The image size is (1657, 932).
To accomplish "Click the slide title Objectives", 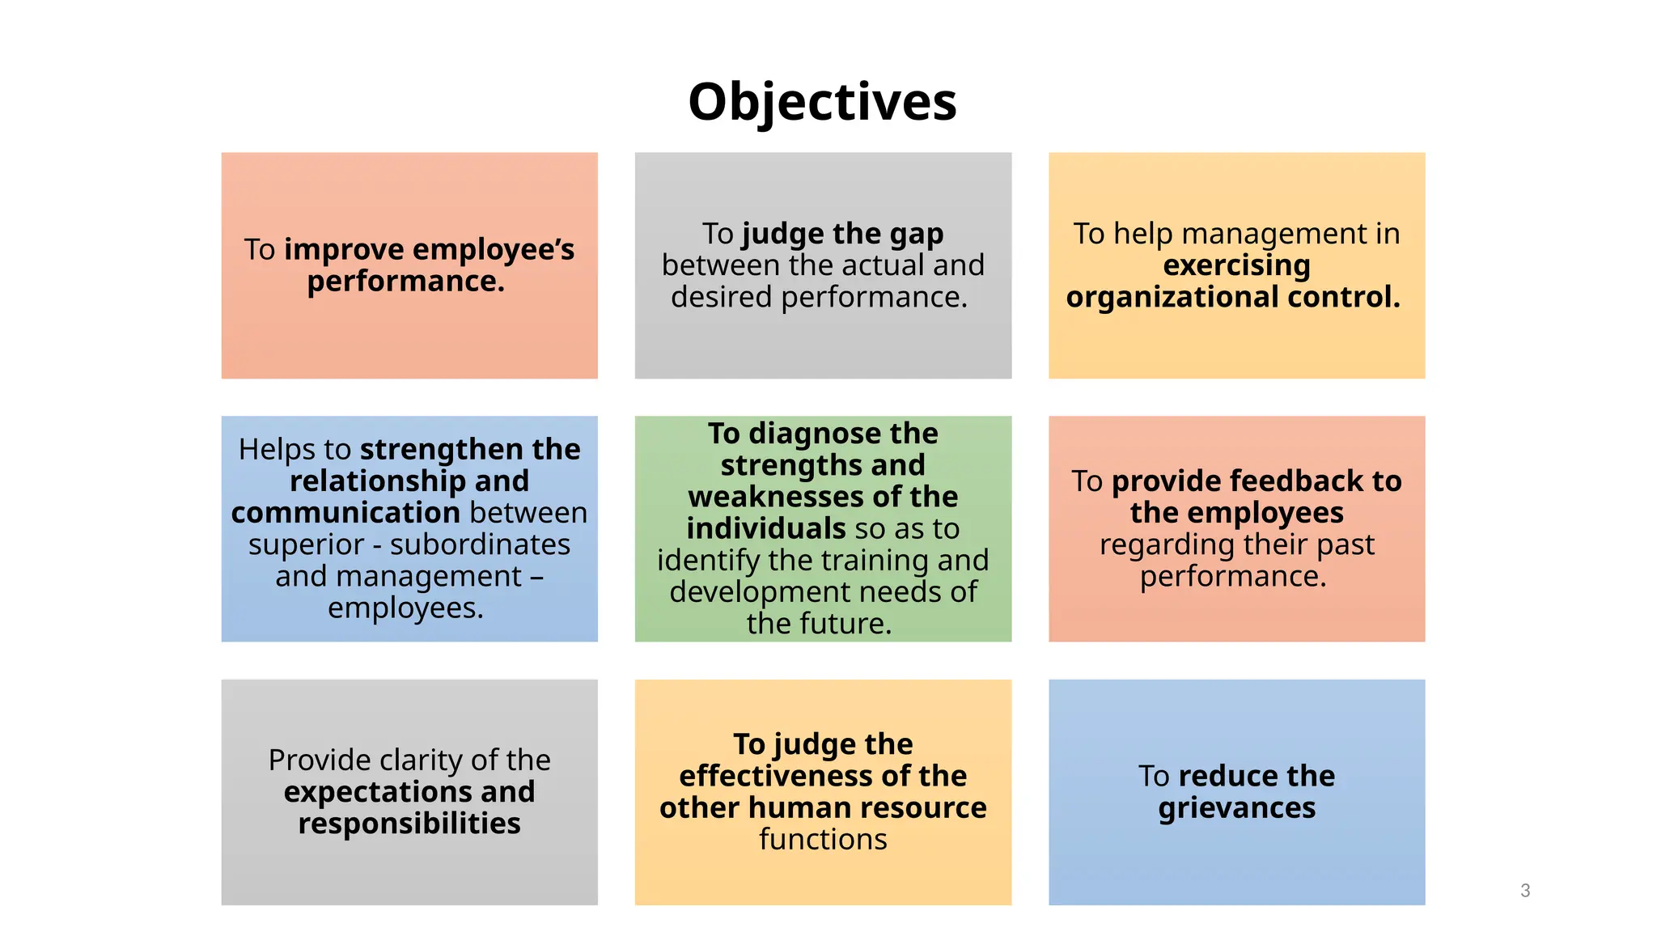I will pyautogui.click(x=822, y=102).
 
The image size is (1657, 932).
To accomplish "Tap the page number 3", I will pyautogui.click(x=1525, y=891).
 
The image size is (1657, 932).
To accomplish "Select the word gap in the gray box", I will pyautogui.click(x=916, y=234).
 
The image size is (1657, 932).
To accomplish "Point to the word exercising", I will pyautogui.click(x=1236, y=265).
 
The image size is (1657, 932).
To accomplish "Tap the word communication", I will pyautogui.click(x=345, y=513).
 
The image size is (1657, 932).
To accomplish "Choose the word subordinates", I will pyautogui.click(x=480, y=544).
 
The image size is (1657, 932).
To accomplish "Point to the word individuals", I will pyautogui.click(x=765, y=528).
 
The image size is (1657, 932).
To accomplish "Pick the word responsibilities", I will pyautogui.click(x=409, y=824).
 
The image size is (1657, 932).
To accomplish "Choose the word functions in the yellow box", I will pyautogui.click(x=823, y=840).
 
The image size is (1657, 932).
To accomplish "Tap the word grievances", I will pyautogui.click(x=1236, y=808).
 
